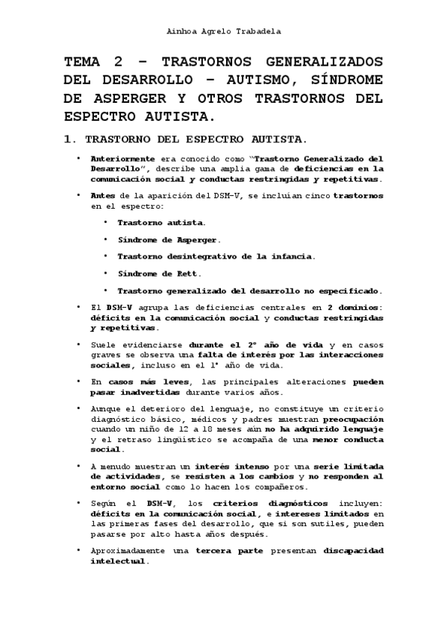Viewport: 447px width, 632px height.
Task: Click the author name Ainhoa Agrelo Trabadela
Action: pyautogui.click(x=223, y=32)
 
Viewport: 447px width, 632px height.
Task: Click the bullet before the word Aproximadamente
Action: pyautogui.click(x=79, y=550)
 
